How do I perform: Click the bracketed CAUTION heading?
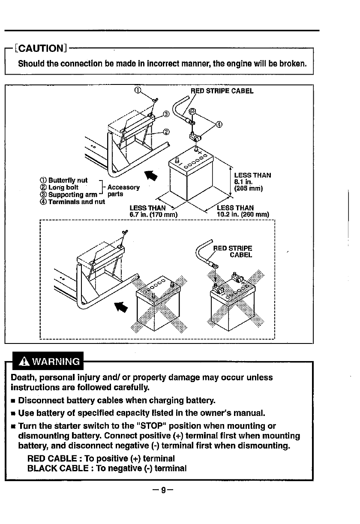pyautogui.click(x=41, y=48)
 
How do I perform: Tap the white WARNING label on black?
pyautogui.click(x=56, y=361)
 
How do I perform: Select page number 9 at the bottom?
pyautogui.click(x=163, y=490)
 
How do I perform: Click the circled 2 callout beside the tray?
pyautogui.click(x=166, y=132)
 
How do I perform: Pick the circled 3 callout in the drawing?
pyautogui.click(x=166, y=114)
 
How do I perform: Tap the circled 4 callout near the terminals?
pyautogui.click(x=219, y=124)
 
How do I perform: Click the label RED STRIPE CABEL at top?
pyautogui.click(x=222, y=91)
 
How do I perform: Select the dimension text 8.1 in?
pyautogui.click(x=243, y=182)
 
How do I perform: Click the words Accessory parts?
pyautogui.click(x=123, y=191)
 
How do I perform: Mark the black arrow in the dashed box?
pyautogui.click(x=121, y=307)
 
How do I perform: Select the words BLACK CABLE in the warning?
pyautogui.click(x=58, y=468)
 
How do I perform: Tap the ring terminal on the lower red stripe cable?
pyautogui.click(x=215, y=266)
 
